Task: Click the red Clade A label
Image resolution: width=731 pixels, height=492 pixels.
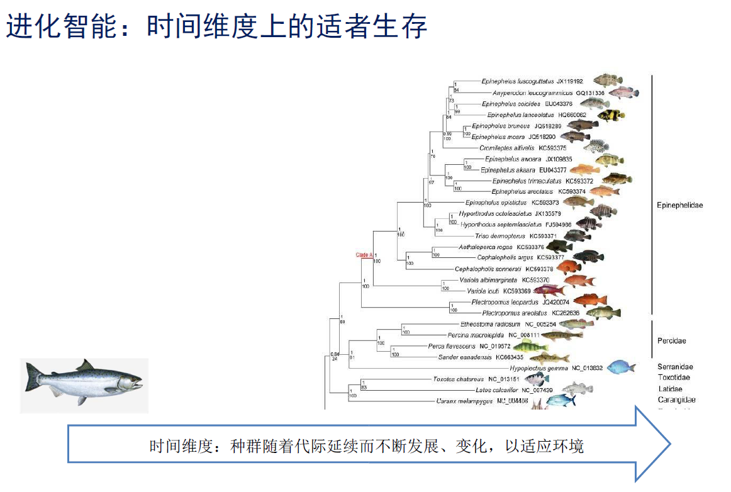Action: point(364,255)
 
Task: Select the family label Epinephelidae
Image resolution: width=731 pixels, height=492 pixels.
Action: point(679,205)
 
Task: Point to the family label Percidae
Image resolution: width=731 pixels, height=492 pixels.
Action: point(671,341)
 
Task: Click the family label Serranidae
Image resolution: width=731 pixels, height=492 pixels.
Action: point(675,367)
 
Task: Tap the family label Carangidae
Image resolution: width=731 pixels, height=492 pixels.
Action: point(676,400)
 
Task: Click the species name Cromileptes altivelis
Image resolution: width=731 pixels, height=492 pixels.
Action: point(507,148)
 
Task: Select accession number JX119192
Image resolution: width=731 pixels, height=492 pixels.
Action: point(569,81)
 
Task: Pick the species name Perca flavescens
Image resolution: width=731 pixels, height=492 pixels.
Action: point(452,346)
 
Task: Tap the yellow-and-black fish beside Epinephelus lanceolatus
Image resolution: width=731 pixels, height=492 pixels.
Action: point(610,115)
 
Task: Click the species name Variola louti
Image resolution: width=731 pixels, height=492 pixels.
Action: point(483,291)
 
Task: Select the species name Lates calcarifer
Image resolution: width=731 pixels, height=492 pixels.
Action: point(496,390)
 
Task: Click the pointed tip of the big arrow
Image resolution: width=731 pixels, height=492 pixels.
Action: point(669,444)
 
